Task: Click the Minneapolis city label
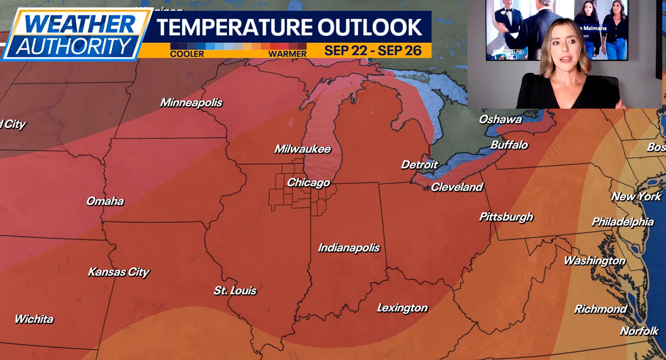191,102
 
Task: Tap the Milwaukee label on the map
302,149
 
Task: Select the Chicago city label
308,182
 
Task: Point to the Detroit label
419,165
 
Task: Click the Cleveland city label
457,187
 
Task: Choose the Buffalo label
509,145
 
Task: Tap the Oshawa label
500,119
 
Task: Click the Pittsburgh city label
506,217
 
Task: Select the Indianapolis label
349,248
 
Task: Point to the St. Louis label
235,290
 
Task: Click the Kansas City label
119,272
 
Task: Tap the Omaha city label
105,201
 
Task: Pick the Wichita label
34,319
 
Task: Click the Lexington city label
402,308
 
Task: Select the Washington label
594,261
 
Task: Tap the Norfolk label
639,331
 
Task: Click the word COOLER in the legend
187,54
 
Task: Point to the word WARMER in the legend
287,54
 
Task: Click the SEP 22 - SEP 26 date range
373,50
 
